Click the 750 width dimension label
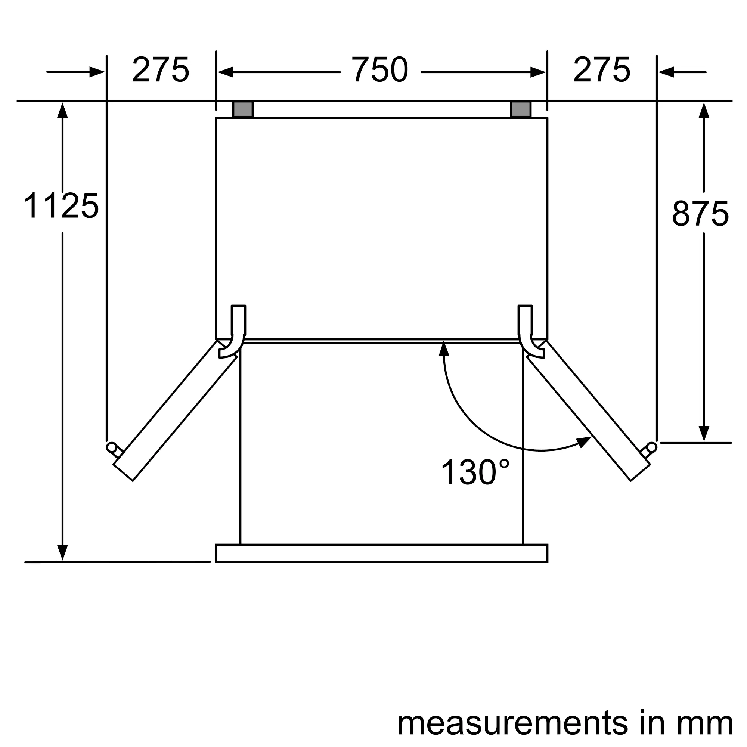pyautogui.click(x=380, y=70)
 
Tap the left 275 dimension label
pyautogui.click(x=161, y=70)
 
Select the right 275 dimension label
pyautogui.click(x=602, y=70)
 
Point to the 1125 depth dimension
pyautogui.click(x=62, y=206)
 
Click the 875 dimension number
pyautogui.click(x=700, y=213)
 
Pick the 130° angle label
pyautogui.click(x=475, y=472)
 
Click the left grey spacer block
pyautogui.click(x=243, y=109)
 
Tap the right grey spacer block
pyautogui.click(x=521, y=109)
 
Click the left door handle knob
pyautogui.click(x=111, y=447)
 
